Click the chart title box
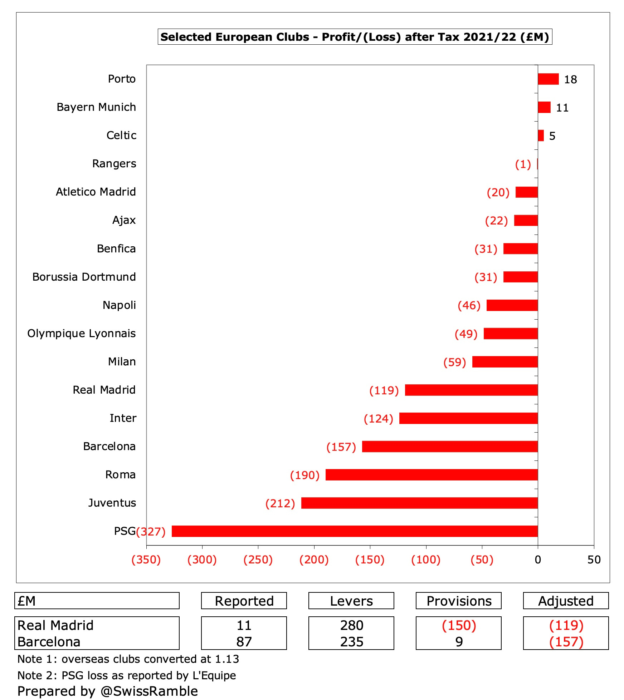[355, 37]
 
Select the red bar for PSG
[354, 531]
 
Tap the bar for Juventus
[419, 503]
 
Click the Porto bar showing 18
[548, 79]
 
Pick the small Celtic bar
[541, 135]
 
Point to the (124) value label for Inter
[378, 418]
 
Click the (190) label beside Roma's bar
[304, 475]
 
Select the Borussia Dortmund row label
[84, 277]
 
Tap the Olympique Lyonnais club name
[82, 333]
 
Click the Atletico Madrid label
[96, 192]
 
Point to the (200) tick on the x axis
[314, 559]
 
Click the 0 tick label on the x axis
[537, 559]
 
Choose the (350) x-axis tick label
[146, 559]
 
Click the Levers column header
[351, 601]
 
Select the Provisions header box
[458, 601]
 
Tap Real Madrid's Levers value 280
[351, 626]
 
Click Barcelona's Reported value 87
[244, 642]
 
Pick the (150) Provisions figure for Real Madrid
[459, 626]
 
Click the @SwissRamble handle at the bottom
[149, 691]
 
